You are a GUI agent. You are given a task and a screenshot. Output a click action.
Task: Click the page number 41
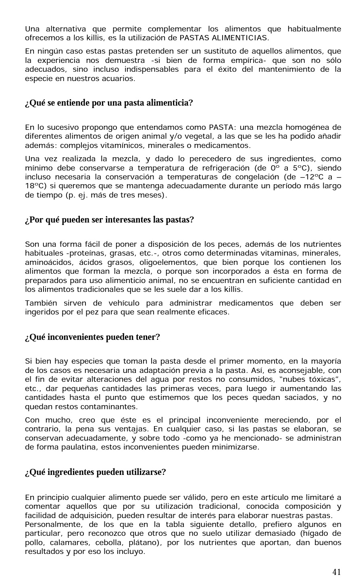tap(337, 572)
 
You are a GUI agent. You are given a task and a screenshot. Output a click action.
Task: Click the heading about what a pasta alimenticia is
tap(109, 103)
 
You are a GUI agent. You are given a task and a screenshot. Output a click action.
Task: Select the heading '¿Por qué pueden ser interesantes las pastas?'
tap(109, 220)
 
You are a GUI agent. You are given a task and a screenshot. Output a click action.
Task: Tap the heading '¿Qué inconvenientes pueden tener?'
tap(92, 337)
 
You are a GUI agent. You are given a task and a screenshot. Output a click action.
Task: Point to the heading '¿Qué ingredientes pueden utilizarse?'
tap(95, 472)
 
